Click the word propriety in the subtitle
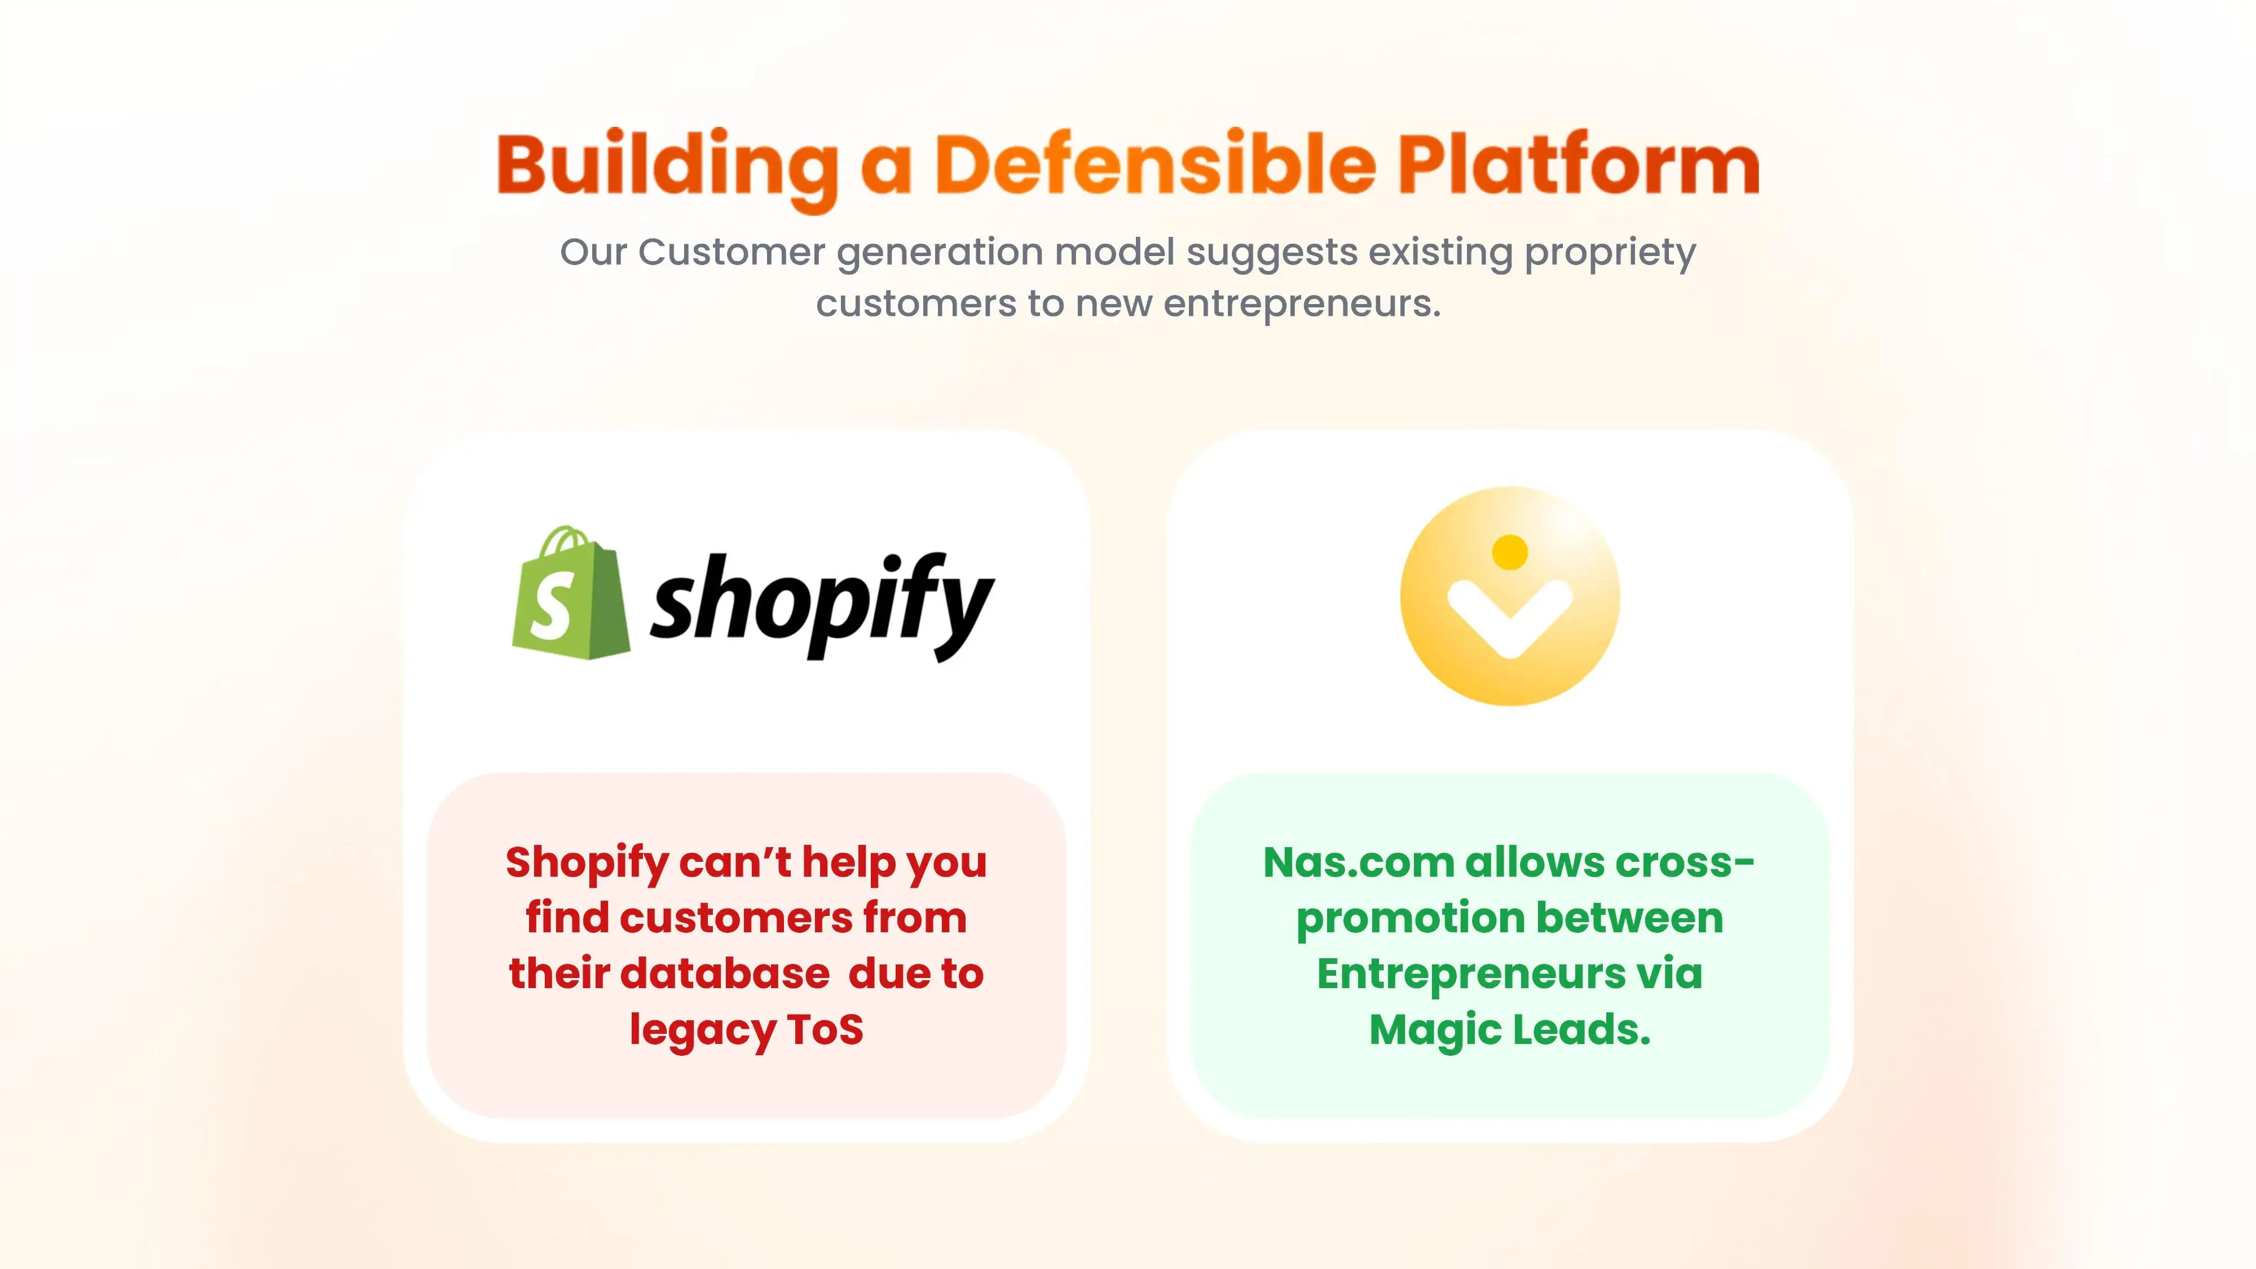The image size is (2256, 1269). point(1610,253)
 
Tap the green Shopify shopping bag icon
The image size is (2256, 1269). point(571,592)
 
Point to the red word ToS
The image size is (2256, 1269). point(825,1029)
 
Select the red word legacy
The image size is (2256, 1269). point(702,1032)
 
